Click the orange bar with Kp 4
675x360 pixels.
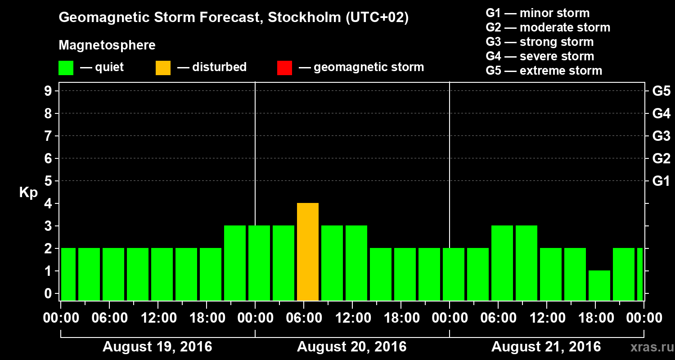coord(308,252)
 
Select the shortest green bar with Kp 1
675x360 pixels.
coord(599,285)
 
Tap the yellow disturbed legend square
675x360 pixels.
coord(163,67)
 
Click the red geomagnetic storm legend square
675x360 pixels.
coord(284,67)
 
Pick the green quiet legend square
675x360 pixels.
coord(66,67)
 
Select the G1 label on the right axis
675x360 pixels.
coord(661,181)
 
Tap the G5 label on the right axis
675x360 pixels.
coord(661,91)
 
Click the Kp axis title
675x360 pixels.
coord(28,193)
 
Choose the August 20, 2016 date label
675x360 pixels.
coord(351,347)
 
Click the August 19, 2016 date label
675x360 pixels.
coord(157,347)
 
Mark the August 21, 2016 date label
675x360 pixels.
coord(546,347)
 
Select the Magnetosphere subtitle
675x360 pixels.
coord(107,45)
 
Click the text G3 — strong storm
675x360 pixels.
coord(540,42)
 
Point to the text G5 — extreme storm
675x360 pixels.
coord(544,71)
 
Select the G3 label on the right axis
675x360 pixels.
coord(661,136)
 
